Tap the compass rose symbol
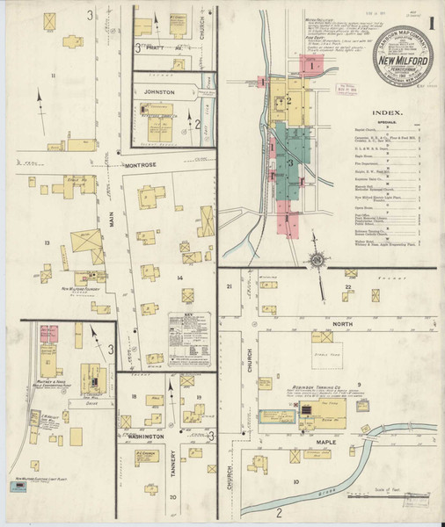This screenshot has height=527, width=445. [x=314, y=259]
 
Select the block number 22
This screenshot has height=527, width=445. [x=348, y=287]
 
